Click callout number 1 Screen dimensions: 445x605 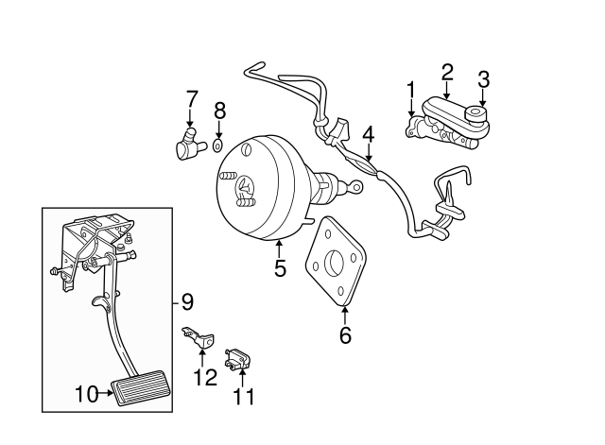pyautogui.click(x=411, y=90)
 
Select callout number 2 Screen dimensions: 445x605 pyautogui.click(x=447, y=72)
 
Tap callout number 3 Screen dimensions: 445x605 pyautogui.click(x=483, y=78)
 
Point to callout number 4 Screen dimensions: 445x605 pyautogui.click(x=369, y=134)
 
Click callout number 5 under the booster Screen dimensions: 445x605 pyautogui.click(x=280, y=269)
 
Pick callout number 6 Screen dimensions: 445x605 pyautogui.click(x=345, y=334)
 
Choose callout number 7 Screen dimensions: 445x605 pyautogui.click(x=192, y=98)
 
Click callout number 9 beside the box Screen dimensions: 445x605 pyautogui.click(x=187, y=302)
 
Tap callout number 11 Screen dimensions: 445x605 pyautogui.click(x=244, y=398)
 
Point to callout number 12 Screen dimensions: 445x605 pyautogui.click(x=204, y=377)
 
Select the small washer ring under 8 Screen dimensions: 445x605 pyautogui.click(x=218, y=146)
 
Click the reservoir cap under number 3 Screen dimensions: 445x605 pyautogui.click(x=477, y=117)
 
